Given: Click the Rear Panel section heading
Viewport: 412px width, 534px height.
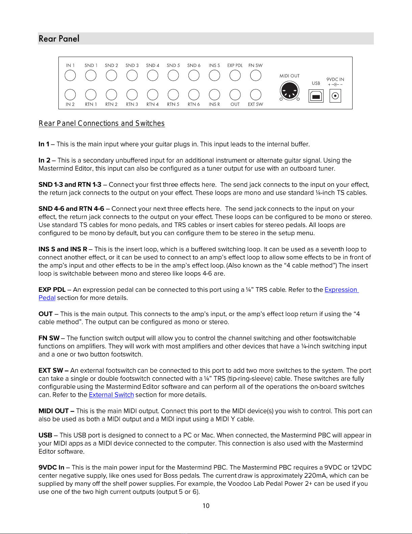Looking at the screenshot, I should [x=59, y=38].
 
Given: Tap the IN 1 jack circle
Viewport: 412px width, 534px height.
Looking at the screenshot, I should [x=70, y=76].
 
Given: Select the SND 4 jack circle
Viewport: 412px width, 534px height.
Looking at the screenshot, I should [x=153, y=76].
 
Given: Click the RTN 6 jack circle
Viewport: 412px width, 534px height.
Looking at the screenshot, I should [x=194, y=95].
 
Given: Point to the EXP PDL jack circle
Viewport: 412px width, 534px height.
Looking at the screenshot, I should [x=235, y=76].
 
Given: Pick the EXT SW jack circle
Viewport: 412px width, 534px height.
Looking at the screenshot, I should [x=256, y=95].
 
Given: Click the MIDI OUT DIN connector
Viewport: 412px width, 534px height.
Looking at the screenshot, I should [x=289, y=91].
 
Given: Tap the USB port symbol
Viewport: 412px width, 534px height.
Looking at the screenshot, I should [x=316, y=96].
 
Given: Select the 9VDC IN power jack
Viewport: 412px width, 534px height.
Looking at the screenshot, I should [x=335, y=96].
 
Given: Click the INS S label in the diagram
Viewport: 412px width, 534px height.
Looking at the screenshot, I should [x=214, y=65].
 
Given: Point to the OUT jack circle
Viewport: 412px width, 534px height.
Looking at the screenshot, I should [x=235, y=95].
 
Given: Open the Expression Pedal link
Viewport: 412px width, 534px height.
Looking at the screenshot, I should [x=341, y=290].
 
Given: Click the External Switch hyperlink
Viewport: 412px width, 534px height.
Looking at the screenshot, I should [x=111, y=395].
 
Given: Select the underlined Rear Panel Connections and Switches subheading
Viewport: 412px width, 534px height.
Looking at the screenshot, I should [x=102, y=123].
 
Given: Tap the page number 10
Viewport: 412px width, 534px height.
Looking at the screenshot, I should [x=206, y=506].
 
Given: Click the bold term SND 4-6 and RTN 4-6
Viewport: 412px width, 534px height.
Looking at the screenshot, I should [x=71, y=209].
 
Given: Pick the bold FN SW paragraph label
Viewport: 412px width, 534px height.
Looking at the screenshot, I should [x=49, y=338].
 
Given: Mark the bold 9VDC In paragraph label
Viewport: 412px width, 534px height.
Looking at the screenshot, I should [x=51, y=468].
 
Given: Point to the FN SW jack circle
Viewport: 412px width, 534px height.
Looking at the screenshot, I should [x=256, y=76].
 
